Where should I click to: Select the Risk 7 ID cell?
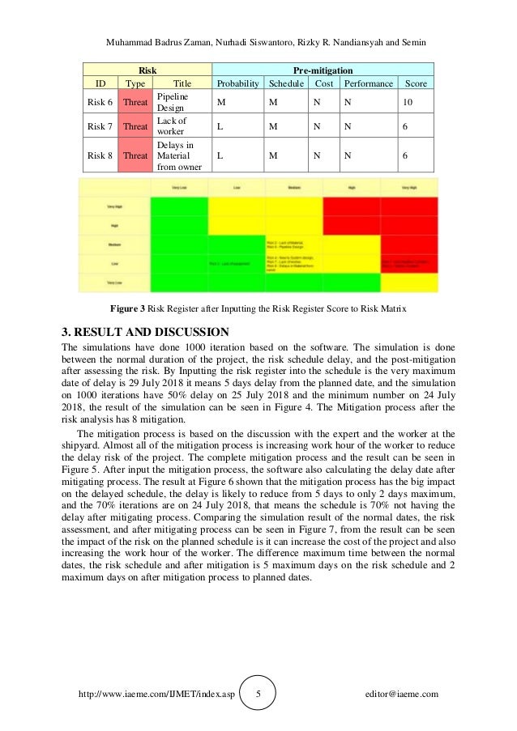100,126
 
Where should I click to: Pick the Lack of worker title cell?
171,126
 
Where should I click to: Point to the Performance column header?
368,83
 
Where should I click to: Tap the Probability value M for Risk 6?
219,102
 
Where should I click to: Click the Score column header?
416,83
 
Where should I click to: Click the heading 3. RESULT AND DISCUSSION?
146,331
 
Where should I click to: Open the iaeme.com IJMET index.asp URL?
156,694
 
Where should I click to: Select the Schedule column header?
287,83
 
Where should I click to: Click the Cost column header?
324,83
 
